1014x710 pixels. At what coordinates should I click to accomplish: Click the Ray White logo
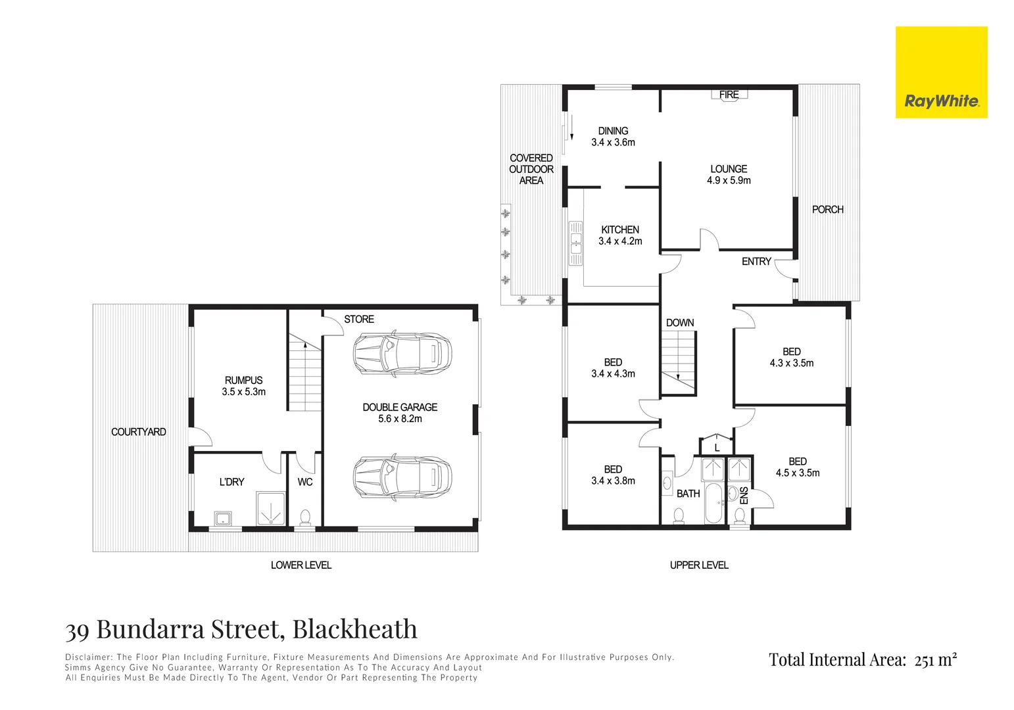[941, 72]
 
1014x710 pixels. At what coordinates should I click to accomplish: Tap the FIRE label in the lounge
[729, 95]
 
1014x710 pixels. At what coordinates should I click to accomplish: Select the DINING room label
[613, 131]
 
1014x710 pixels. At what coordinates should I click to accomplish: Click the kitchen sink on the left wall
[576, 243]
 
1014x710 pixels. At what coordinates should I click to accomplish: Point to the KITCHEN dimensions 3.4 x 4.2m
[620, 241]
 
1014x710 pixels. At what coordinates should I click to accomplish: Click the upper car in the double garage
[402, 353]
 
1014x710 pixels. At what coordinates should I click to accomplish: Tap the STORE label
[359, 319]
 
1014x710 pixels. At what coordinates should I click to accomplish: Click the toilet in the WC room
[305, 517]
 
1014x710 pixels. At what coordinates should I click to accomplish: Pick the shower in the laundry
[270, 508]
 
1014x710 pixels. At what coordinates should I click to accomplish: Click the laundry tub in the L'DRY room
[223, 518]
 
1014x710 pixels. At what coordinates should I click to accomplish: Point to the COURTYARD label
[138, 432]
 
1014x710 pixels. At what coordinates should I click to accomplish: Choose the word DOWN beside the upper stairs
[680, 323]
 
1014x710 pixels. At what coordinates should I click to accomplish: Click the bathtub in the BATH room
[713, 503]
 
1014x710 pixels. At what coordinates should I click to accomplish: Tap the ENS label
[744, 495]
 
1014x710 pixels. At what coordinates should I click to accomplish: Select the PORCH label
[827, 210]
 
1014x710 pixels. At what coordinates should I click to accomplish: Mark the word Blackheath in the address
[354, 630]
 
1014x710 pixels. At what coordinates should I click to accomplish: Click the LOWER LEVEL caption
[301, 565]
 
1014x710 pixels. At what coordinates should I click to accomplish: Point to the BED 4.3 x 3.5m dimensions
[792, 363]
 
